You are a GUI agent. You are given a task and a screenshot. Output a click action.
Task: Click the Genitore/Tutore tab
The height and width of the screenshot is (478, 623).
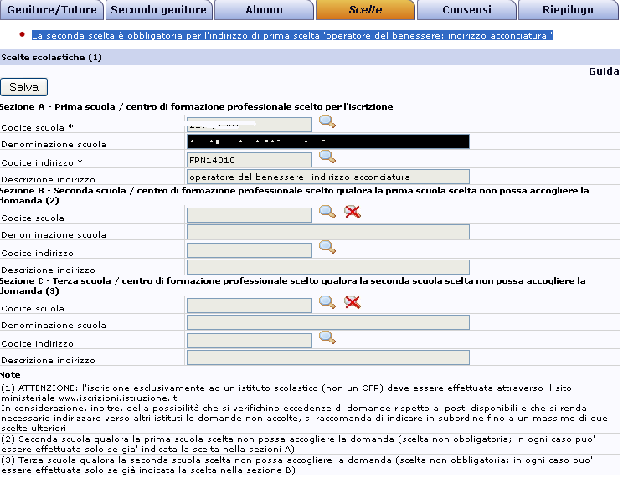point(53,10)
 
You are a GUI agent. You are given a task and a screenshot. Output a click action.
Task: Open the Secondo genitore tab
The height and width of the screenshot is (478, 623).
point(159,10)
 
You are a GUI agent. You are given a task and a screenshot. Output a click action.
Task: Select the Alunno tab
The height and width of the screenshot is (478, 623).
point(264,10)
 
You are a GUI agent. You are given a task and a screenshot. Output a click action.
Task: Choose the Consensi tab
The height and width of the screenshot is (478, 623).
point(467,10)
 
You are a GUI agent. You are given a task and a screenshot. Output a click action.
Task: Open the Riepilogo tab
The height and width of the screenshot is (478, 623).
point(569,10)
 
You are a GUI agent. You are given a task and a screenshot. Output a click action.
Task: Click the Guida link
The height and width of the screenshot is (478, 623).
point(603,72)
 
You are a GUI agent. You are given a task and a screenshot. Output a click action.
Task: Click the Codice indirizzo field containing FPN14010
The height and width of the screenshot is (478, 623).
point(250,159)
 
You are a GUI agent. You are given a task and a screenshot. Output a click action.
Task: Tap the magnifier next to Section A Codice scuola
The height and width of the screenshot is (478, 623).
point(327,123)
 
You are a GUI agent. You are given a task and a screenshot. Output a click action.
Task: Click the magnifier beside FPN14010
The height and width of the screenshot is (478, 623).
point(327,157)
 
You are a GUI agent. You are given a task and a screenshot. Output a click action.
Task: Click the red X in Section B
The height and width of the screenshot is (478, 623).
point(353,212)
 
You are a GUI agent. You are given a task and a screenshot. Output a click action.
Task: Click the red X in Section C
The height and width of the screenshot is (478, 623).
point(353,302)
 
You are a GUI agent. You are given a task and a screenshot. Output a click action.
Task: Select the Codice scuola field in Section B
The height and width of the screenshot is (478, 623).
point(250,215)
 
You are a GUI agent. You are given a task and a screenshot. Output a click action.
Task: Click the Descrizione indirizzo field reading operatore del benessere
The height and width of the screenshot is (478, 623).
point(327,177)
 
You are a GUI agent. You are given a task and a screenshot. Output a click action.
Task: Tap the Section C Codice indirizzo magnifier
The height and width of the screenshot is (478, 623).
point(327,337)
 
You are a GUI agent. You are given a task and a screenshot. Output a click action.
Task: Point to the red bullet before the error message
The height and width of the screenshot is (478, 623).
point(21,35)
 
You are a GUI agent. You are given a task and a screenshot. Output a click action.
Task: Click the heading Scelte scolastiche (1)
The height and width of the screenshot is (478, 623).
point(51,57)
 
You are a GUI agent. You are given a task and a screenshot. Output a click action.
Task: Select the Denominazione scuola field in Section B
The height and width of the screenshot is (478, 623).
point(327,232)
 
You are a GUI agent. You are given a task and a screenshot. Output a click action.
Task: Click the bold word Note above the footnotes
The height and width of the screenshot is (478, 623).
point(11,374)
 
